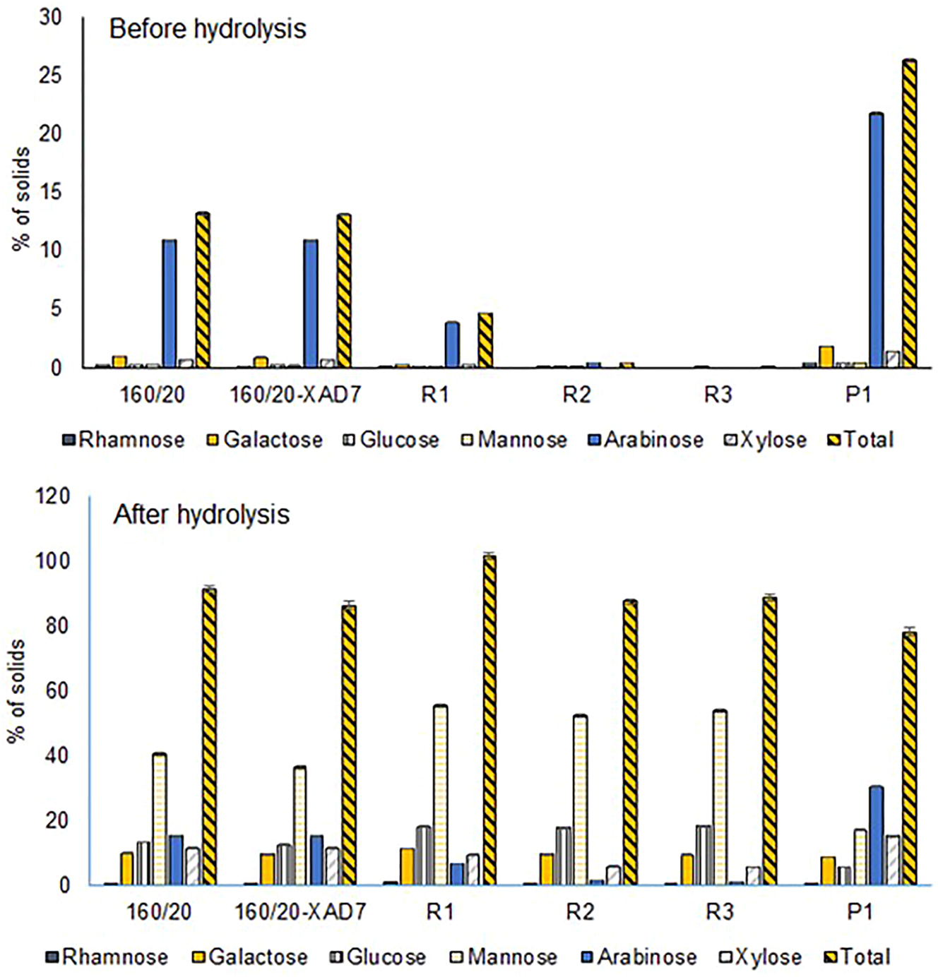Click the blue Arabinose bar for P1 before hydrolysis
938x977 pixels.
click(876, 240)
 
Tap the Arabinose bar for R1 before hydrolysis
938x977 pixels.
click(452, 344)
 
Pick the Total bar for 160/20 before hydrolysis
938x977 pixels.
click(203, 289)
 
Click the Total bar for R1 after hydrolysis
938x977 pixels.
click(489, 720)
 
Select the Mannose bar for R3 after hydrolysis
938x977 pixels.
click(720, 797)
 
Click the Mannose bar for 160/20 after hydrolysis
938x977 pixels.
click(160, 819)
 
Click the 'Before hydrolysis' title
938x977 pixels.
click(208, 29)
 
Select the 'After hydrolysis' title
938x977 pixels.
click(201, 514)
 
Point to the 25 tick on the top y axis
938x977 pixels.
click(50, 75)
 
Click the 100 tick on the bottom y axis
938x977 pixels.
click(54, 561)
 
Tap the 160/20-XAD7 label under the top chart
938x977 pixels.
click(295, 395)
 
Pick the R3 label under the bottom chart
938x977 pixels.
click(719, 911)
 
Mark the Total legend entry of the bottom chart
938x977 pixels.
click(857, 957)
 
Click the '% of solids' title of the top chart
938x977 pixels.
click(22, 198)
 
